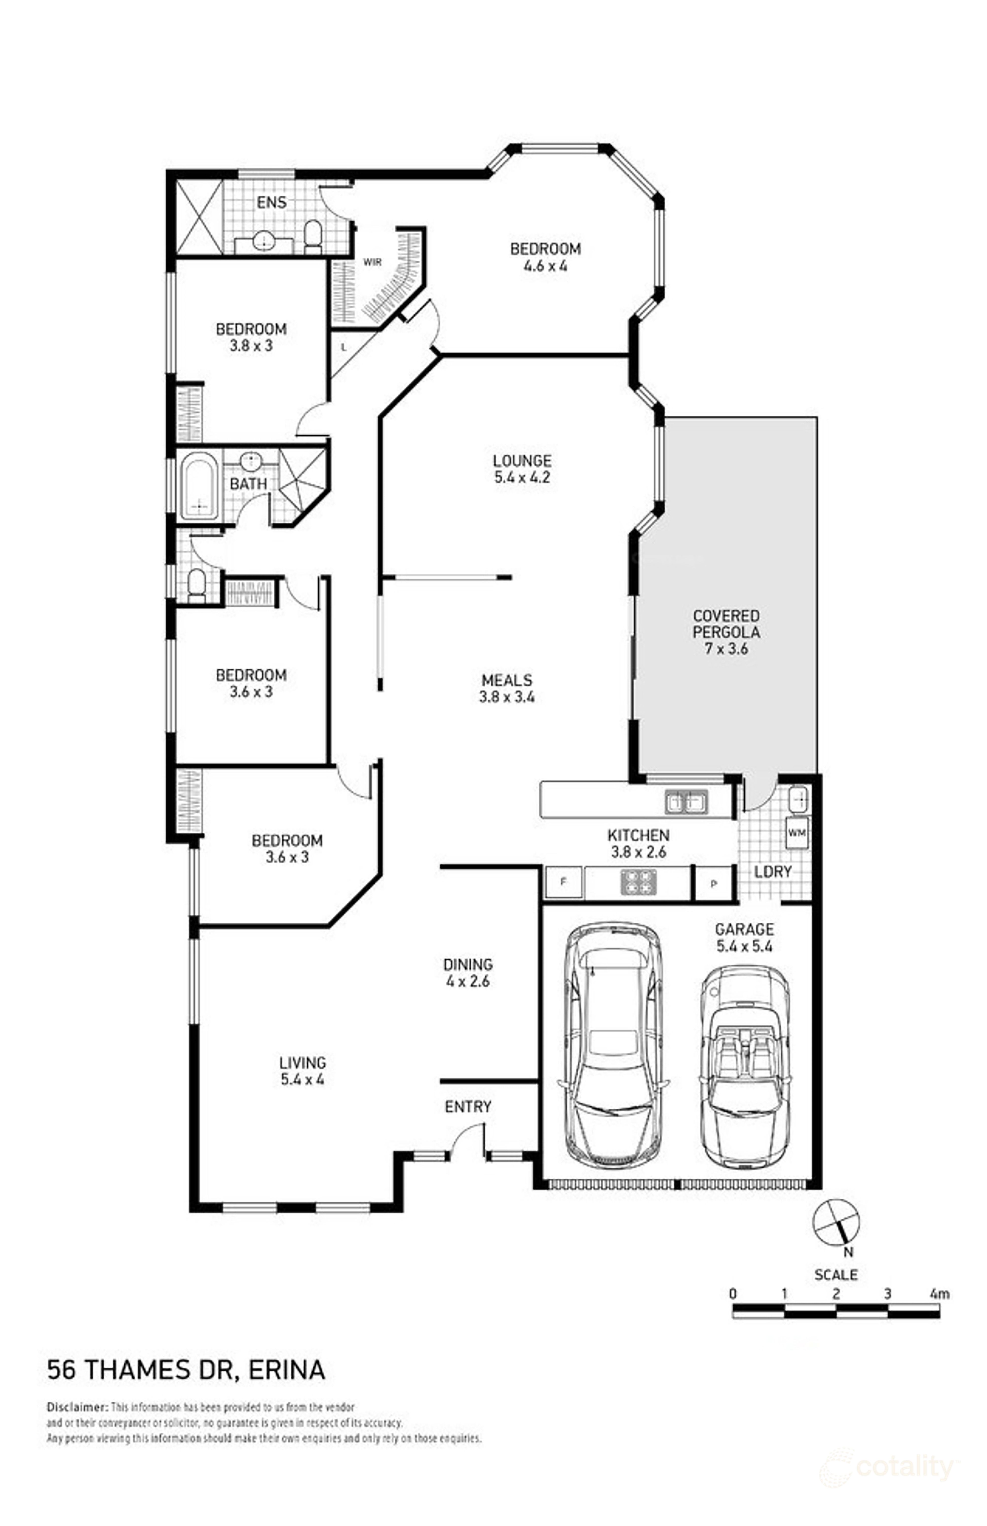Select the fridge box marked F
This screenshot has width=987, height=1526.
click(563, 882)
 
